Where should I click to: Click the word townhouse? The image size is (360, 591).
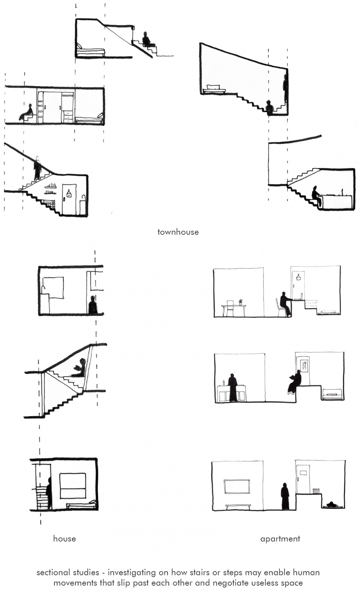[x=178, y=232]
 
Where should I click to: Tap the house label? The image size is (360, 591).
[x=64, y=538]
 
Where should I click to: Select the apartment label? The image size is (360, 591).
[x=280, y=539]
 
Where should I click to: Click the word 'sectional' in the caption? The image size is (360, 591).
[x=54, y=572]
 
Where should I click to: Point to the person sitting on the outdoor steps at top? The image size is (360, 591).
[x=147, y=39]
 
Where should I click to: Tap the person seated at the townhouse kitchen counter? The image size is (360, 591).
[x=316, y=196]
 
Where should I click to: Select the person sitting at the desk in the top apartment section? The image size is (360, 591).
[x=285, y=304]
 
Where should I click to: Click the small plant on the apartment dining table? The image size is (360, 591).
[x=240, y=302]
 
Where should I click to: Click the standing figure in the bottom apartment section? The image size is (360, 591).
[x=285, y=496]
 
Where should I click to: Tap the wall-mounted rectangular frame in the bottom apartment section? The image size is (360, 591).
[x=237, y=486]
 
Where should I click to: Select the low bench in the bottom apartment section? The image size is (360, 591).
[x=238, y=507]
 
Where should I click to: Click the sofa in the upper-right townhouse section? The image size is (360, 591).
[x=214, y=89]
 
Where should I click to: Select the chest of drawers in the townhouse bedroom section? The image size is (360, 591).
[x=68, y=117]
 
